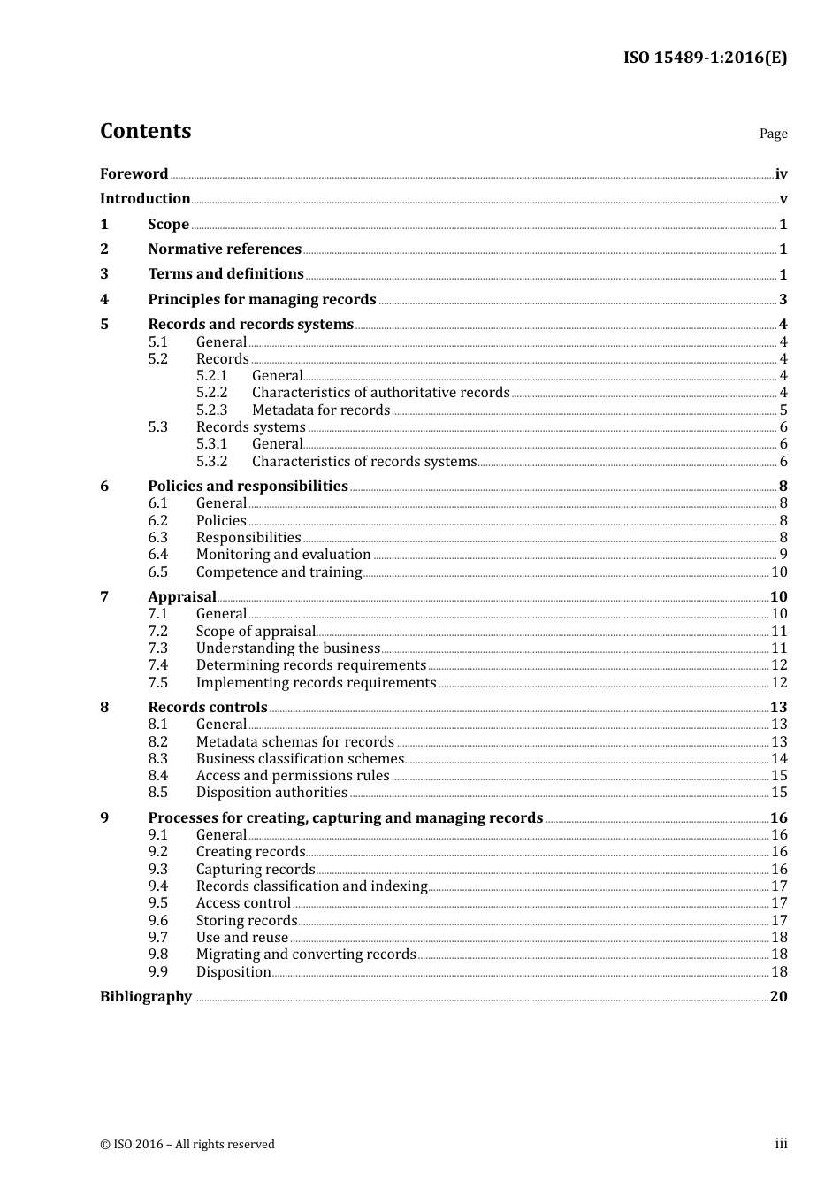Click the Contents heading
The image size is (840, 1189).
(145, 131)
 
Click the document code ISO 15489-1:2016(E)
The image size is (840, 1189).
(705, 58)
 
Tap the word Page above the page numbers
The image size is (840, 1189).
(773, 134)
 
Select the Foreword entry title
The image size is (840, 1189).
(134, 173)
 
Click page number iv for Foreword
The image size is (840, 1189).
(781, 174)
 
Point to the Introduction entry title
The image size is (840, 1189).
(145, 198)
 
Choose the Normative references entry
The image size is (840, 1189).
(225, 249)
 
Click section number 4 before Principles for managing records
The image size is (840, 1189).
(104, 299)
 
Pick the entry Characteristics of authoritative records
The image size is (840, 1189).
(380, 392)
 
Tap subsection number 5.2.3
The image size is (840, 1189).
(211, 410)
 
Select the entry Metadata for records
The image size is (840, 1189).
(320, 410)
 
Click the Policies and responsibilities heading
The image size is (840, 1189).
(248, 486)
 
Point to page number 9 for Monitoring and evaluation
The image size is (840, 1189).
(783, 555)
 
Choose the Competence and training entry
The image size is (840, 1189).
(279, 571)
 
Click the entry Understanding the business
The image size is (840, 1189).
(287, 648)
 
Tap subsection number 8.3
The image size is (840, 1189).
(157, 758)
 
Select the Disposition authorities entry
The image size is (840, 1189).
(271, 792)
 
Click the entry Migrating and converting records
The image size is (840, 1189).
(305, 954)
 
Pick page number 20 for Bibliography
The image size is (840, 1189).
(778, 996)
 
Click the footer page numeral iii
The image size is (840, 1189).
(781, 1143)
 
